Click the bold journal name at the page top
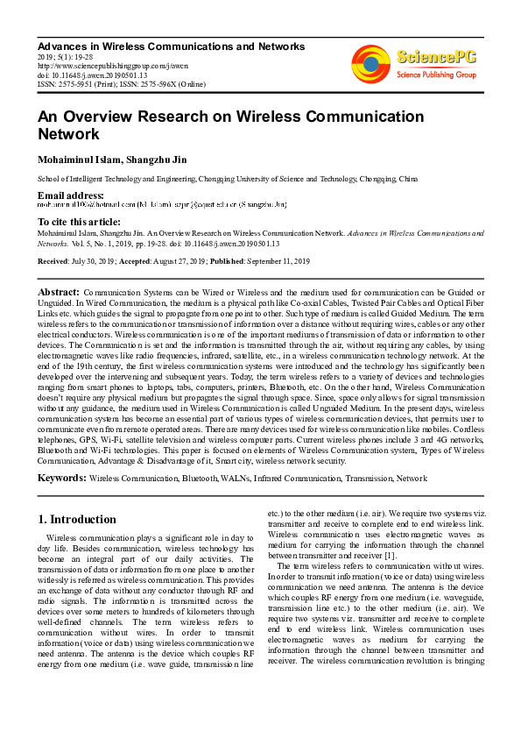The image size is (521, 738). [171, 46]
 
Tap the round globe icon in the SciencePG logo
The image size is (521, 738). [370, 62]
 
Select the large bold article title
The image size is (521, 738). [229, 125]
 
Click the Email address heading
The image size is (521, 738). [70, 195]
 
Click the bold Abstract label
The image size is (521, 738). [59, 291]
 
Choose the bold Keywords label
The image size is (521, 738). [61, 478]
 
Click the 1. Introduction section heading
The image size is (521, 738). [77, 519]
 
